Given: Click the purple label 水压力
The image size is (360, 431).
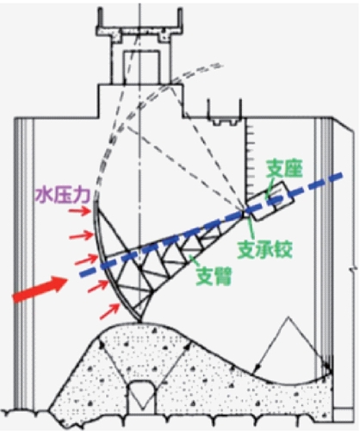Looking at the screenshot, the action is click(x=62, y=196).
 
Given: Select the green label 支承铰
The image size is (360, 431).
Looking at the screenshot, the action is click(x=265, y=249).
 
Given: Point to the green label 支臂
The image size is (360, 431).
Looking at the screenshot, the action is click(x=214, y=276).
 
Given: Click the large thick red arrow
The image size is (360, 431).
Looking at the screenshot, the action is click(x=40, y=289).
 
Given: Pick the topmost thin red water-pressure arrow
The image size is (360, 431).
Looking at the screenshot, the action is click(x=79, y=212).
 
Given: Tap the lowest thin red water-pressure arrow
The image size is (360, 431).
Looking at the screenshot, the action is click(x=109, y=311).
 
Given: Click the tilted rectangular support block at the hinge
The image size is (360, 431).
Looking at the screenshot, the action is click(x=273, y=201).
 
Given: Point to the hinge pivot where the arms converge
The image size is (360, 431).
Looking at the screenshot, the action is click(x=245, y=214).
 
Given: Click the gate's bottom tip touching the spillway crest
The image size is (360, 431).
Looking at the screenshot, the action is click(x=140, y=322).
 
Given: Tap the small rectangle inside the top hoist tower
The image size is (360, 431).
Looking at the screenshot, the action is click(x=141, y=66).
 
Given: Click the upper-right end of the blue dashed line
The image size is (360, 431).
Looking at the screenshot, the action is click(x=342, y=174).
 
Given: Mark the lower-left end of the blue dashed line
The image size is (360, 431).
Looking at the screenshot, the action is click(x=81, y=274).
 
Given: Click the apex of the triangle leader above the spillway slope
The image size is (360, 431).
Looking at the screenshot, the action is click(x=289, y=317).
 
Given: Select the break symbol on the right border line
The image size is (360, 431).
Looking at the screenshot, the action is click(x=355, y=270).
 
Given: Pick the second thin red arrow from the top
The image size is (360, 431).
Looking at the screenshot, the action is click(x=81, y=236).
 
